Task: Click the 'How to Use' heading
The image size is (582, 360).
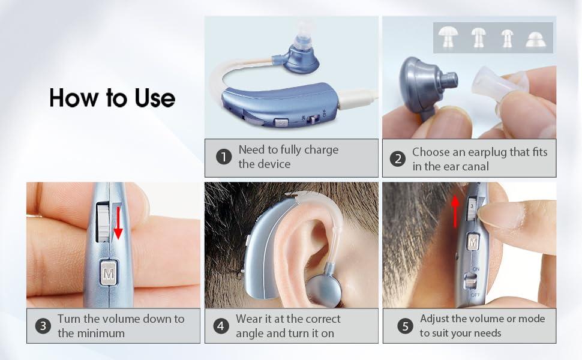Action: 112,97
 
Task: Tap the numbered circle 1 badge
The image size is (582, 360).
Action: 224,158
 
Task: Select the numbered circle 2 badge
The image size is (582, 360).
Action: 397,158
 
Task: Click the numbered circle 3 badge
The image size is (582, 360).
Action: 43,326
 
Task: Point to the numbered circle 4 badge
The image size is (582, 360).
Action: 221,326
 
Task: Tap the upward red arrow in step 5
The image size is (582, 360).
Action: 455,211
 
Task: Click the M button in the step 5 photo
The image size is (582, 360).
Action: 473,242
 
